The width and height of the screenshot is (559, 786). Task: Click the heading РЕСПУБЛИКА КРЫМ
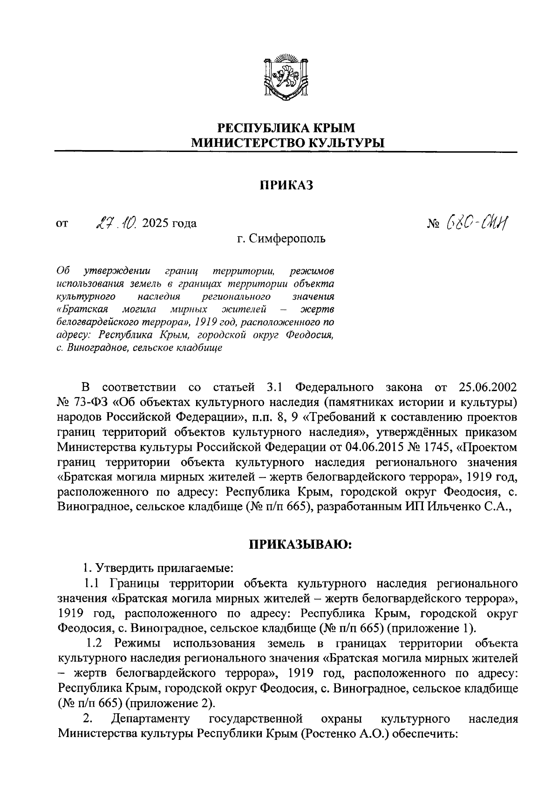click(286, 127)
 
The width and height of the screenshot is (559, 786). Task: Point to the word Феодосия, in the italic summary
click(310, 335)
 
